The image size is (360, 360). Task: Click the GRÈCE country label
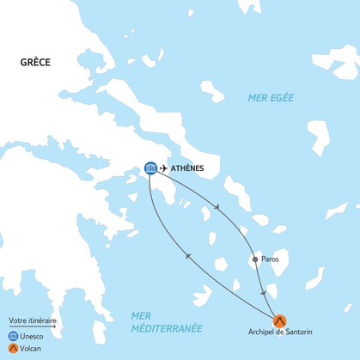pyautogui.click(x=37, y=63)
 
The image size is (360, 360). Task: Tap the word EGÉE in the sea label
pyautogui.click(x=282, y=98)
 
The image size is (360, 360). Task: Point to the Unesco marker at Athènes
pyautogui.click(x=150, y=168)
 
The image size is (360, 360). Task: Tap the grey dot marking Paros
pyautogui.click(x=254, y=259)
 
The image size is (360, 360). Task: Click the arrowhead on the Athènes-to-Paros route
pyautogui.click(x=218, y=208)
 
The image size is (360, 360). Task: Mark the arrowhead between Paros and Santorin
pyautogui.click(x=263, y=293)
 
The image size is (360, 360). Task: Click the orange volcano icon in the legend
pyautogui.click(x=13, y=349)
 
